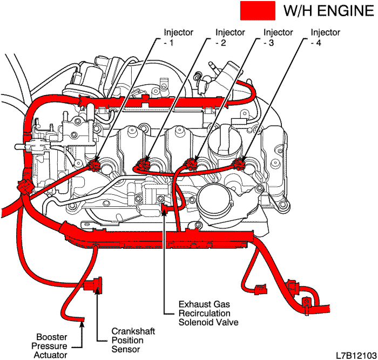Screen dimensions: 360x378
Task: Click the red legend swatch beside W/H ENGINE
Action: [x=256, y=10]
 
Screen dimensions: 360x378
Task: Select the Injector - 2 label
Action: [x=230, y=37]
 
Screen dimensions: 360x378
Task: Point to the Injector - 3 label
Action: [x=278, y=37]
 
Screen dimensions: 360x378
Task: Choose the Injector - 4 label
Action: [x=326, y=37]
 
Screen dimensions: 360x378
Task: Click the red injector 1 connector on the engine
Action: [x=96, y=164]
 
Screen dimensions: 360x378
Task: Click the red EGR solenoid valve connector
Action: [x=165, y=205]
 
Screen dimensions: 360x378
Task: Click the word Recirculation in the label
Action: [x=205, y=313]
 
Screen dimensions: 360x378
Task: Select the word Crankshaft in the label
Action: [x=132, y=331]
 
